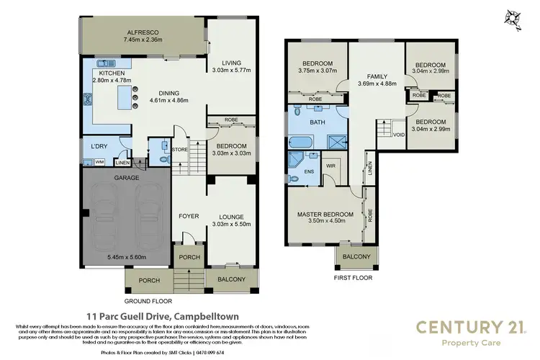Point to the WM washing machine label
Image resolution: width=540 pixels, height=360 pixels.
(x=99, y=163)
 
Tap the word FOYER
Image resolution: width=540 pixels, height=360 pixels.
(x=189, y=216)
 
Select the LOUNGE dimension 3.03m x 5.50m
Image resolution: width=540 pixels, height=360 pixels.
(x=231, y=224)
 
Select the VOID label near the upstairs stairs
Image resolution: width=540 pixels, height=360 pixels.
(x=398, y=135)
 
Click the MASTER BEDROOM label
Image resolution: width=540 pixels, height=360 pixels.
(x=325, y=215)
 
